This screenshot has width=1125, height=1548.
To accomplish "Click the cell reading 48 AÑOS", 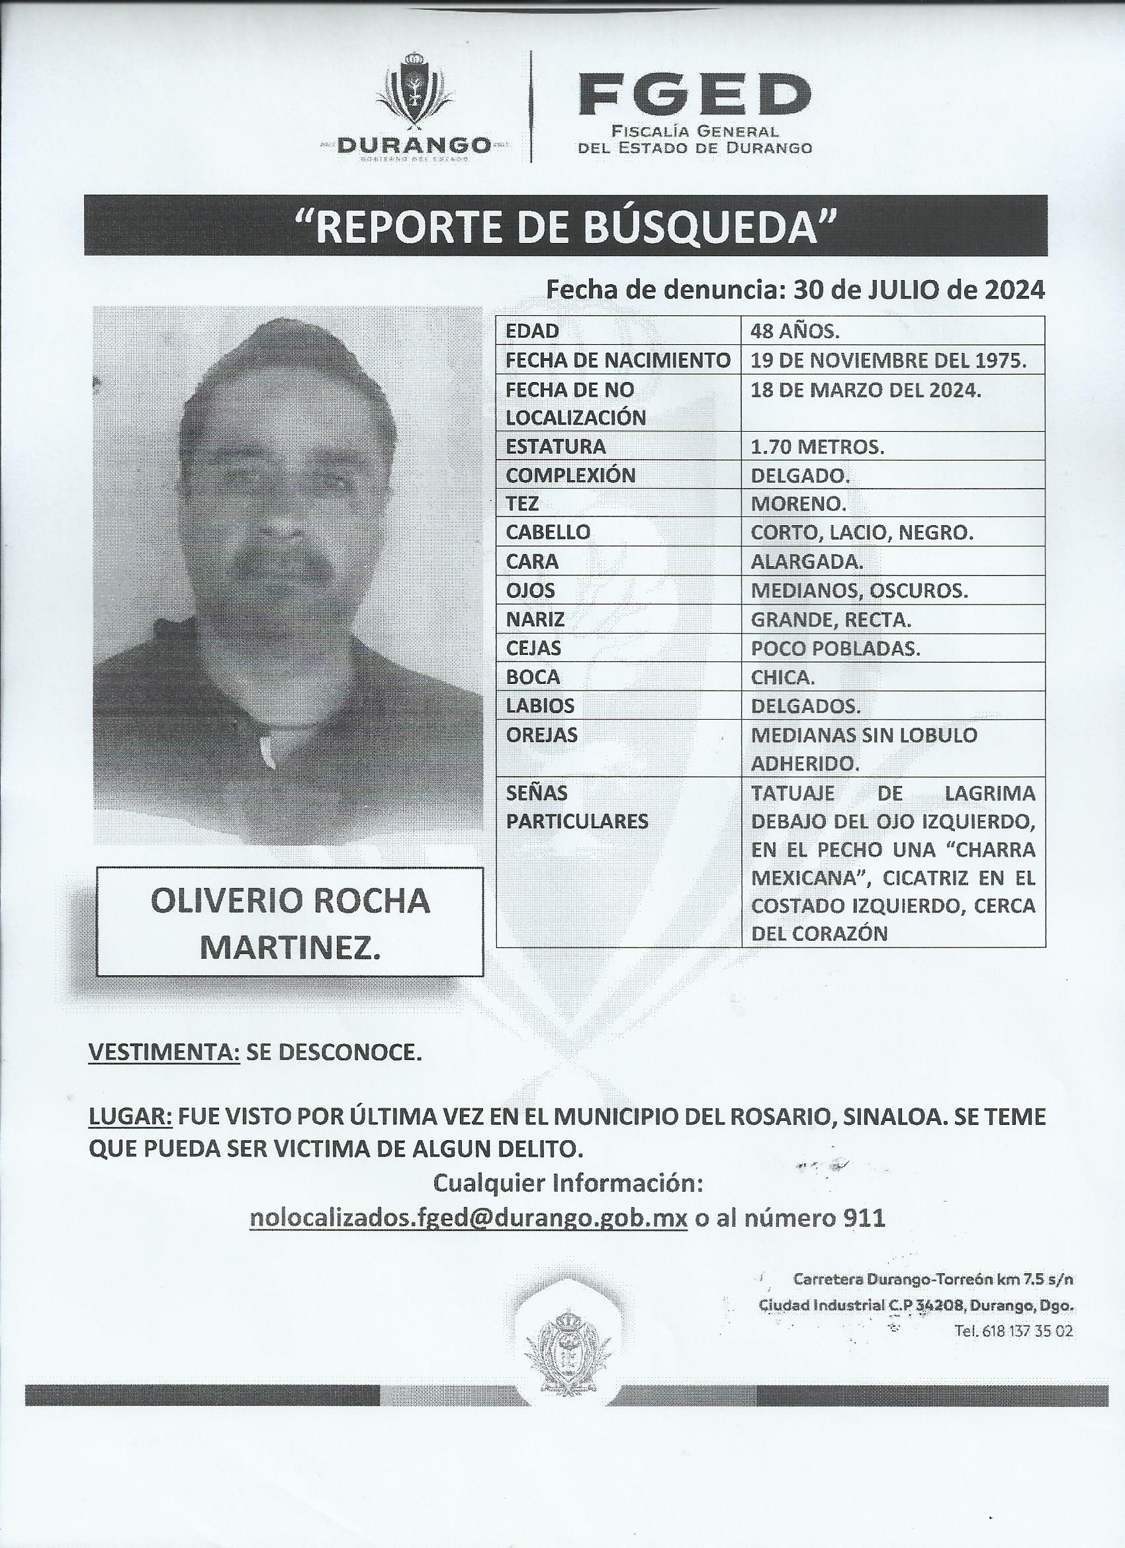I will [x=795, y=331].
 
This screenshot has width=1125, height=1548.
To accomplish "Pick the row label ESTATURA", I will [x=547, y=446].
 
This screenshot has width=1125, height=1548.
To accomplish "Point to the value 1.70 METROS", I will [x=817, y=447].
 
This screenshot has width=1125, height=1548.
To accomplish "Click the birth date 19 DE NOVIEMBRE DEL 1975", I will [x=888, y=360].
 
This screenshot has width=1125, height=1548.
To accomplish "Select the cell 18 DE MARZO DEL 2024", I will [x=866, y=391].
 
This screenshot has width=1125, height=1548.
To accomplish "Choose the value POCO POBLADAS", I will [x=835, y=648].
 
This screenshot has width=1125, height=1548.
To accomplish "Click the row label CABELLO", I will [x=548, y=532].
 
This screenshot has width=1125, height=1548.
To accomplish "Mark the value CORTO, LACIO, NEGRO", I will [x=862, y=533].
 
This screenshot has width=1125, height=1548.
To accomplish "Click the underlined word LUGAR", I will [x=130, y=1136].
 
